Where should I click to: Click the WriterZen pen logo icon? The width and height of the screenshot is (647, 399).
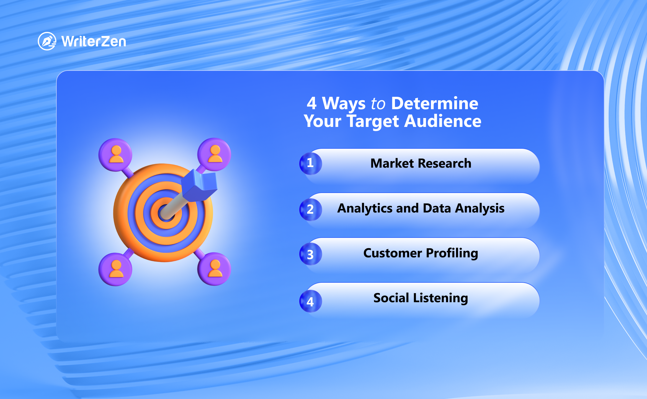(x=47, y=41)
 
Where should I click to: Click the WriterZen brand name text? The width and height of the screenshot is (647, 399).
(x=94, y=42)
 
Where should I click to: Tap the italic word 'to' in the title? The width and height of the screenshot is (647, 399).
(x=378, y=104)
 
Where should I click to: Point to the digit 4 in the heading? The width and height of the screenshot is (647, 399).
(x=312, y=103)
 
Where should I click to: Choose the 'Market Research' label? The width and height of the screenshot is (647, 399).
(x=421, y=163)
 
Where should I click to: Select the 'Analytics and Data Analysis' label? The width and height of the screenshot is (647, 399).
(x=421, y=208)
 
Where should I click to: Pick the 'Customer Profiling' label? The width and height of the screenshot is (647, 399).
(x=421, y=253)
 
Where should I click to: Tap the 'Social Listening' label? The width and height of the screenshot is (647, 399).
(x=421, y=298)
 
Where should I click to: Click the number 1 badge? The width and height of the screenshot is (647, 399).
(x=311, y=163)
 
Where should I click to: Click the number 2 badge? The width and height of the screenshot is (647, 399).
(x=311, y=210)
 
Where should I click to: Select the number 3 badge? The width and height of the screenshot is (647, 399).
(x=311, y=254)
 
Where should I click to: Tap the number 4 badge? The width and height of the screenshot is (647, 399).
(x=311, y=301)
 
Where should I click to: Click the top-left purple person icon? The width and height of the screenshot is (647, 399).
(x=115, y=155)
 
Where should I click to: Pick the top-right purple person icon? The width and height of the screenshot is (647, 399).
(x=214, y=154)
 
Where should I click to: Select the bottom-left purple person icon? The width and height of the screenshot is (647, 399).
(x=115, y=269)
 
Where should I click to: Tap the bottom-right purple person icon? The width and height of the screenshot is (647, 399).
(x=214, y=269)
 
